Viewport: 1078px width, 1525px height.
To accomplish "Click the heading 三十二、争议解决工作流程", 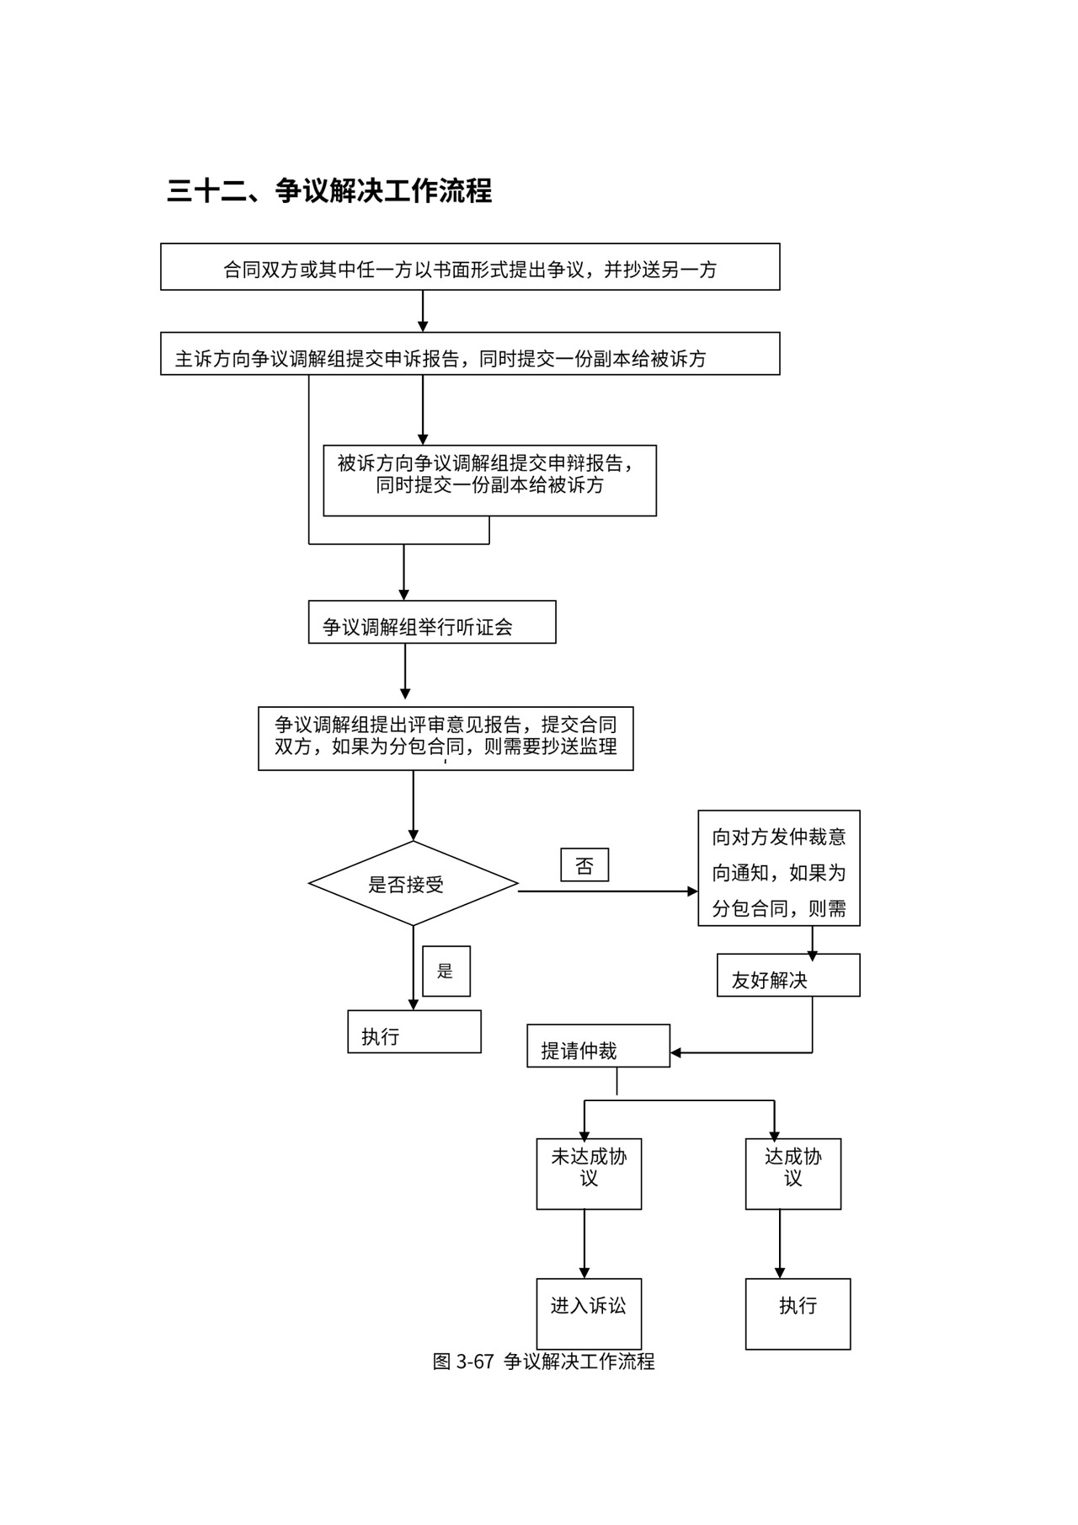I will [x=329, y=191].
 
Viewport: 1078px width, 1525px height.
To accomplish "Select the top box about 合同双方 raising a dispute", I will [x=470, y=267].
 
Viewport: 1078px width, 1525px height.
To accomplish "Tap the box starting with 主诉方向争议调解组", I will [x=470, y=354].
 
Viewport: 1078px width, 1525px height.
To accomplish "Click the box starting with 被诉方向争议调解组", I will [x=489, y=480].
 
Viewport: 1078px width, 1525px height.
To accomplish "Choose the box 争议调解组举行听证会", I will [x=432, y=623].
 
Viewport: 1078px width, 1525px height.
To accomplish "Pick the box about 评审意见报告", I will [x=446, y=738].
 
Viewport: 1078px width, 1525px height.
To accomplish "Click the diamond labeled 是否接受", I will [x=413, y=884].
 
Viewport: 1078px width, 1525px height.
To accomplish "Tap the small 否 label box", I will [x=584, y=865].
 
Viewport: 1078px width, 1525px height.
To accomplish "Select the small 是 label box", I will [x=446, y=971].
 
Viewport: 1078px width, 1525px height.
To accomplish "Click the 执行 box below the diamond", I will [x=414, y=1032].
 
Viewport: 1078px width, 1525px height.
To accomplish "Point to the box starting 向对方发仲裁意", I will [x=779, y=869].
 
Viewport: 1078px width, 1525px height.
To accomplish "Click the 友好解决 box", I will [x=788, y=976].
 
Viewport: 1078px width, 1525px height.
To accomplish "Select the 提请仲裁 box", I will [x=598, y=1046].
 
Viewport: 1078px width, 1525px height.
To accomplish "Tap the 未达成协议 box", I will [x=589, y=1174].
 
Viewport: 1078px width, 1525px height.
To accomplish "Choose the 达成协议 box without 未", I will [x=792, y=1174].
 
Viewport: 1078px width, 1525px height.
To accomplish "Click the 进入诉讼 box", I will [x=589, y=1313].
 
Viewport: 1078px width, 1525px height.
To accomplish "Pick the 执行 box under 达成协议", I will [x=798, y=1313].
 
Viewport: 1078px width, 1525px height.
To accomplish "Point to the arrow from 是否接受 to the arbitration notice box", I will [x=606, y=891].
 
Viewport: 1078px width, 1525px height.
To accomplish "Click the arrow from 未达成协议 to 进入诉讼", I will [x=584, y=1244].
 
